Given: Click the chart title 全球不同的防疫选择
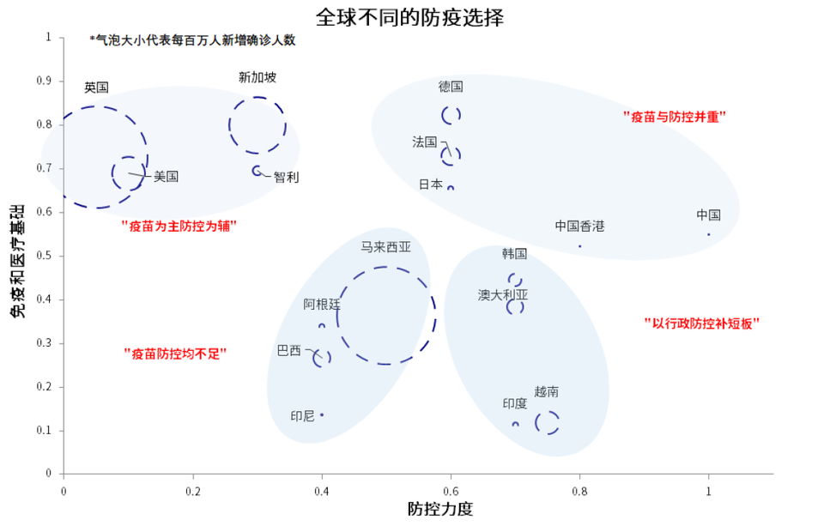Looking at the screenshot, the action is tap(409, 17).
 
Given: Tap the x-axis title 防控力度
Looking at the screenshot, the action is tap(440, 508).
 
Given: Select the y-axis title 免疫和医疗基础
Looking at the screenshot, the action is tap(17, 261).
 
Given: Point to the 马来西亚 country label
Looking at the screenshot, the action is tap(385, 247).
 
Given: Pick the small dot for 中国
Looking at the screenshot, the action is tap(708, 234).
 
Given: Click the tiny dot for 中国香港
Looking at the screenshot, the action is tap(579, 245).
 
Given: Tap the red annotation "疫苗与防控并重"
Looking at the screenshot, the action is tap(675, 117).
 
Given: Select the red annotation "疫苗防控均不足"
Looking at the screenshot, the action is tap(175, 354).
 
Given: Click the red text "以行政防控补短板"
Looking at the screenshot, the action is tap(701, 323).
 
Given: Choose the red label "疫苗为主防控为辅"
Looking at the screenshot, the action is tap(179, 226).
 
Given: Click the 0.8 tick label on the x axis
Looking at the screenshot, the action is tap(579, 491).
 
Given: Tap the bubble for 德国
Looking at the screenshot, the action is tap(441, 115).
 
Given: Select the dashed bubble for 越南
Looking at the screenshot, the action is tap(536, 422).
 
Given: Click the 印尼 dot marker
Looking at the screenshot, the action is tap(322, 415).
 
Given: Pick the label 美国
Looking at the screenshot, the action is tap(166, 177).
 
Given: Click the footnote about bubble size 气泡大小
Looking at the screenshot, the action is tap(192, 40).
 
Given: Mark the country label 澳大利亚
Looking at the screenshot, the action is tap(503, 294).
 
